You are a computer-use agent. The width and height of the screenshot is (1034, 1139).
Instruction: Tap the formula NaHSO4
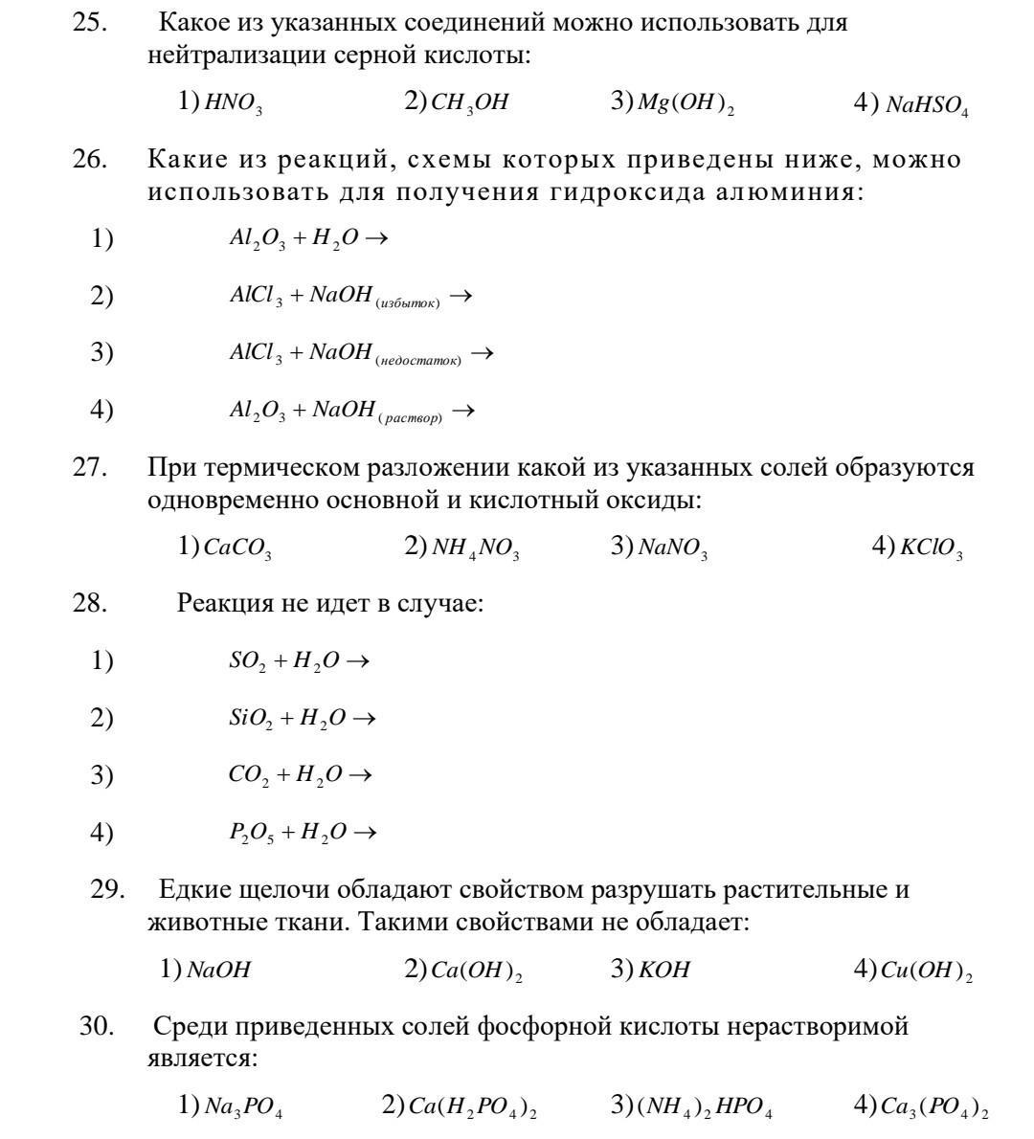point(927,106)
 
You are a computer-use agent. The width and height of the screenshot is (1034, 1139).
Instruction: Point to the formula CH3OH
point(470,103)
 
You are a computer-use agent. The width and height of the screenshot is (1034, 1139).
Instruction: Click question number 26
point(89,159)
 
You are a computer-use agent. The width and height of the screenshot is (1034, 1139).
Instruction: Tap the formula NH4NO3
point(475,548)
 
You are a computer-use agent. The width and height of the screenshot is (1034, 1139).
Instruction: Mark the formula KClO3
point(931,548)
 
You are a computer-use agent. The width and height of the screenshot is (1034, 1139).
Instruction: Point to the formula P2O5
point(251,833)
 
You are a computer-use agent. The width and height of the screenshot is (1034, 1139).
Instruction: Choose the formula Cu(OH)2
point(926,971)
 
